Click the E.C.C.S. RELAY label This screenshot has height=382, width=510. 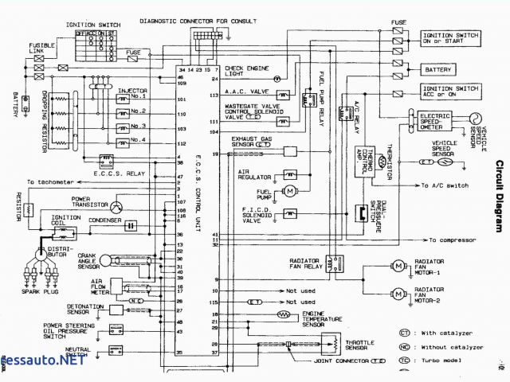pyautogui.click(x=118, y=171)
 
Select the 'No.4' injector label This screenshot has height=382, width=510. pyautogui.click(x=140, y=141)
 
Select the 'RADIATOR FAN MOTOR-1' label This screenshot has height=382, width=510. pyautogui.click(x=440, y=268)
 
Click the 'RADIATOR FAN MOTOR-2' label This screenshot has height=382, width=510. pyautogui.click(x=440, y=294)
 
